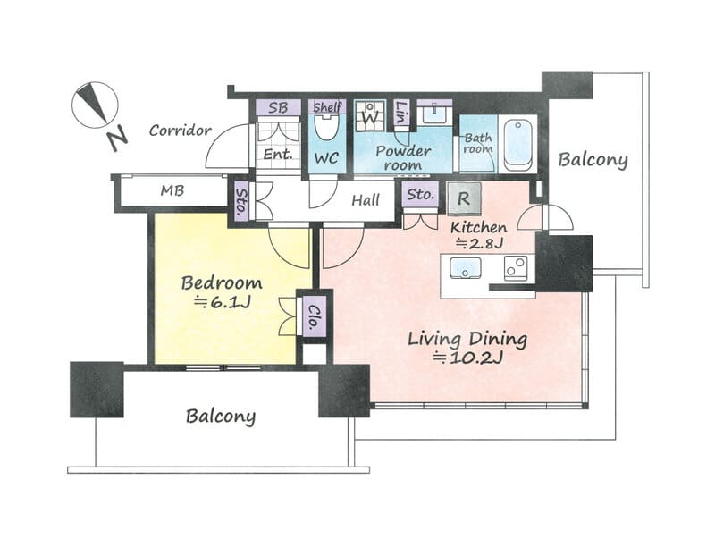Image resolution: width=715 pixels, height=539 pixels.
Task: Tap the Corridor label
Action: click(x=181, y=131)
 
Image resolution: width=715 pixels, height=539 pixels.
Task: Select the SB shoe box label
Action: click(x=278, y=107)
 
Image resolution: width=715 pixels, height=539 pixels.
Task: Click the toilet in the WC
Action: click(x=326, y=127)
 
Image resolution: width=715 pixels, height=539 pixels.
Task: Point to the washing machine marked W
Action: click(x=370, y=116)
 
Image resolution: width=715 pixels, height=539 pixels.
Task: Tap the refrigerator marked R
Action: click(x=464, y=198)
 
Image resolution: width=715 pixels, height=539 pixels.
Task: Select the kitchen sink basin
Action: click(x=465, y=267)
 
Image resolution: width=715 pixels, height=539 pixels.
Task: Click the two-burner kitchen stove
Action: click(x=516, y=267)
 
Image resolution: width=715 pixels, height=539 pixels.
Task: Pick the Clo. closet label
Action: click(x=315, y=316)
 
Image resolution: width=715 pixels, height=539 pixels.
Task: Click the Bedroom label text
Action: click(x=222, y=282)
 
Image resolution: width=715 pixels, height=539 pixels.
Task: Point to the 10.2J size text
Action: click(x=467, y=358)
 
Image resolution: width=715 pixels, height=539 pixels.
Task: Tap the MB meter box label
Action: click(x=172, y=190)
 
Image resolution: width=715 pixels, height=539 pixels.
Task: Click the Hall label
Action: click(x=366, y=199)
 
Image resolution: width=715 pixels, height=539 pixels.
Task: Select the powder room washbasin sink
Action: click(x=434, y=114)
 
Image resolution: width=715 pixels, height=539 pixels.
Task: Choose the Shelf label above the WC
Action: click(x=327, y=107)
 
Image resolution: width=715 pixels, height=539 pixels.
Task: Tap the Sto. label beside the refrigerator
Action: click(x=420, y=195)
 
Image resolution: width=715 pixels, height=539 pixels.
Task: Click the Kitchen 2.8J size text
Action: click(x=480, y=243)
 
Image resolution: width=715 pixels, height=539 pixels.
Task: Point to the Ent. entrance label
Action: click(x=278, y=154)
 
